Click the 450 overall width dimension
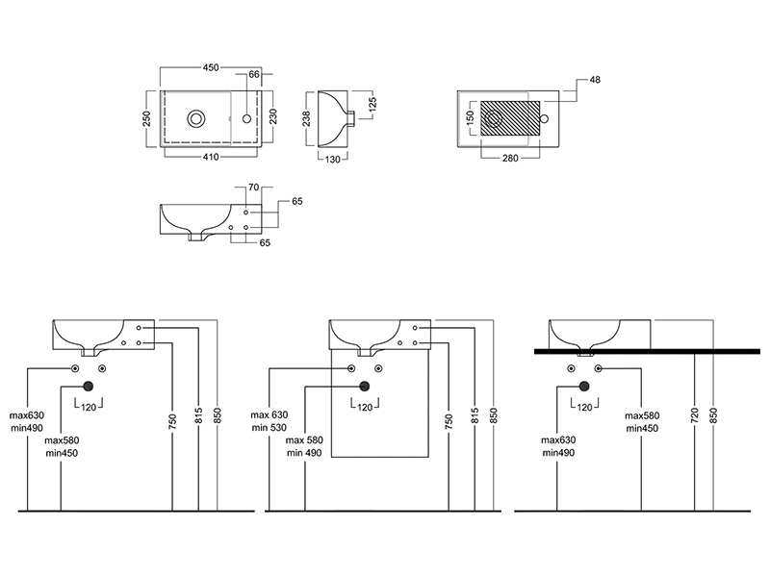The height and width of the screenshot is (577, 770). tap(212, 66)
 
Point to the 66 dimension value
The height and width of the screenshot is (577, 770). tap(255, 73)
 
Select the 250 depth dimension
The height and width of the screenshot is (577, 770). tap(148, 118)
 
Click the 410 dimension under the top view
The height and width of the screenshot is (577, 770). tap(211, 157)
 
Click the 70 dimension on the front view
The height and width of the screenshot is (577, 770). tap(254, 188)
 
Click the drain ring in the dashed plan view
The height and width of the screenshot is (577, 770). tap(197, 118)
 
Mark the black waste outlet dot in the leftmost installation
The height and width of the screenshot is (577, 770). tap(89, 387)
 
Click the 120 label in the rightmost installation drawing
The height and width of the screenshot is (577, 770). tap(582, 408)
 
